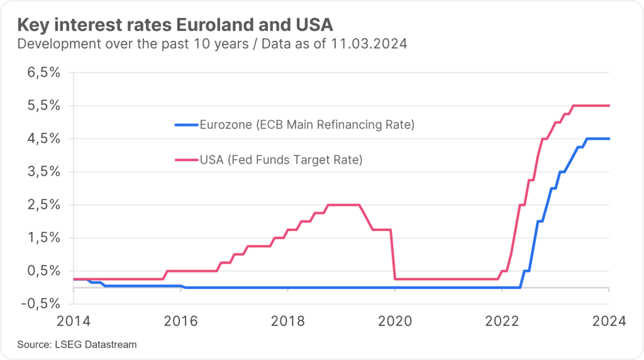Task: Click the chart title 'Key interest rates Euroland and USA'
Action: (175, 25)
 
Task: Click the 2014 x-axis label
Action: (74, 321)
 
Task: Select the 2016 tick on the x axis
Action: (180, 321)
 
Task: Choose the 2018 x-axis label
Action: (287, 321)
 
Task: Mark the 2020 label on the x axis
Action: (394, 321)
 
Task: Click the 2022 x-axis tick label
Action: (501, 321)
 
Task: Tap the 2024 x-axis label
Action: (609, 321)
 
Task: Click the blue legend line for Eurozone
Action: (186, 125)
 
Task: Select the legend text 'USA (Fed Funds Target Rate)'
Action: (280, 160)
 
